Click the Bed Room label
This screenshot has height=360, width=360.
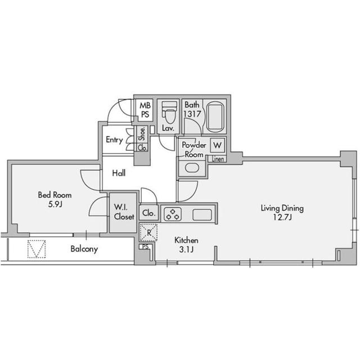click(55, 195)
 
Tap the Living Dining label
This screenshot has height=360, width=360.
click(282, 208)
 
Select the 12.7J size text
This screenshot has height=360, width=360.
click(282, 217)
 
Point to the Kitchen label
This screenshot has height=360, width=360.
click(186, 240)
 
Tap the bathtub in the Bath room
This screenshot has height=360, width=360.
click(215, 117)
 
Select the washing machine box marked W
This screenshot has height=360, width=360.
click(218, 145)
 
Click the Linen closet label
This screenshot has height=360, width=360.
click(218, 159)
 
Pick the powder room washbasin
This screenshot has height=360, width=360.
click(192, 168)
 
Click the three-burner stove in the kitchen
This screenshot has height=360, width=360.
click(173, 214)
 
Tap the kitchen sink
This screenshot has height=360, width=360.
click(202, 215)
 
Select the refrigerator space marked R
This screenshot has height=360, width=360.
click(148, 232)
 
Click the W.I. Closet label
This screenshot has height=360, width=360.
click(124, 212)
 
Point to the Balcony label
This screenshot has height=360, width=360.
click(84, 249)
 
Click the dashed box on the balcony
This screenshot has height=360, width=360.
click(37, 249)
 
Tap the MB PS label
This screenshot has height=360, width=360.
click(145, 110)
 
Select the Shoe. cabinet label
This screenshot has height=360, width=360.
click(142, 134)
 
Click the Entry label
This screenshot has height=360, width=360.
click(114, 140)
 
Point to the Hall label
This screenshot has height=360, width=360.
click(119, 173)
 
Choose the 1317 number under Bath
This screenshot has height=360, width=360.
click(192, 114)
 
